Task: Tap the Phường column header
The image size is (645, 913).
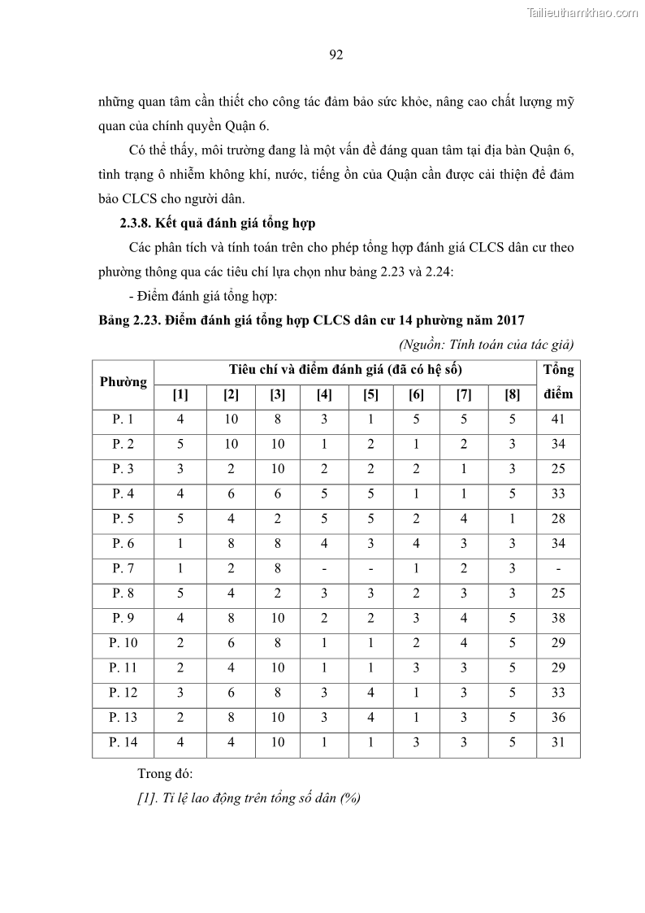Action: tap(123, 382)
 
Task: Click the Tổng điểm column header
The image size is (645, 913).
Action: tap(558, 382)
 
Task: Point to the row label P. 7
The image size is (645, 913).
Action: tap(123, 568)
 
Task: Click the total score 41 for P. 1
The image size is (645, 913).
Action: tap(558, 420)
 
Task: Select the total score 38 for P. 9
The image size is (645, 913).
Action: tap(558, 618)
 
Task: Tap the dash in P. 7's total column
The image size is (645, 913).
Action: tap(558, 568)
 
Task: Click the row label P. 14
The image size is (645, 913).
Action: tap(123, 741)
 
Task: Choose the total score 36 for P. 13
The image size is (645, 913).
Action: tap(558, 717)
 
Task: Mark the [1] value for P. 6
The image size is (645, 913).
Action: tap(180, 544)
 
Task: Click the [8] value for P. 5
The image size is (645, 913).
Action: tap(513, 519)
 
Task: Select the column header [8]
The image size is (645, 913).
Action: tap(513, 395)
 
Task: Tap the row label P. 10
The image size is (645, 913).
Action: tap(123, 642)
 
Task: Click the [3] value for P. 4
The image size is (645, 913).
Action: tap(278, 494)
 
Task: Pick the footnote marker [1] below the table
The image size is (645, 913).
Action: tap(146, 798)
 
